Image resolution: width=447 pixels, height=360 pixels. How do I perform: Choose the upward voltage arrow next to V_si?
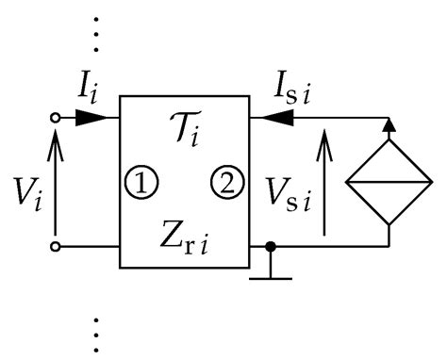point(326,183)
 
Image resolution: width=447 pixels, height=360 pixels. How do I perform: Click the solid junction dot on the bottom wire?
point(272,248)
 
